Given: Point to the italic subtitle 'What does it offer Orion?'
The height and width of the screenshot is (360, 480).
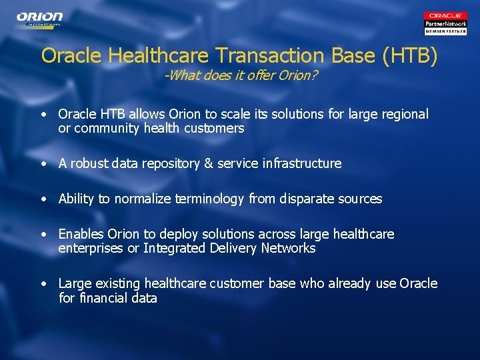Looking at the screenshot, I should (241, 75).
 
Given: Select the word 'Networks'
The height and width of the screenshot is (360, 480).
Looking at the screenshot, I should (289, 248).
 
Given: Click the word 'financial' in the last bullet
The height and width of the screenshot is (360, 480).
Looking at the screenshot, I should (103, 298).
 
